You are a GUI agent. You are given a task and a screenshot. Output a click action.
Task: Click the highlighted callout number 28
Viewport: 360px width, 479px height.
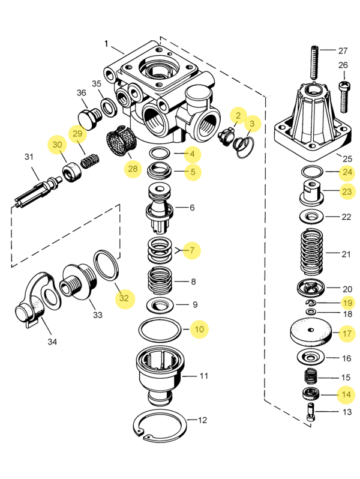click(133, 169)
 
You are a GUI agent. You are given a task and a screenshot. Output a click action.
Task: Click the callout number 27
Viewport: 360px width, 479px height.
click(343, 50)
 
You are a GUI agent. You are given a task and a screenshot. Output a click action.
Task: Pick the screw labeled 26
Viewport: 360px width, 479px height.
click(344, 97)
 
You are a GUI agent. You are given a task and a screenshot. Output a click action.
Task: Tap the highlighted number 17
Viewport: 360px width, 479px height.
click(347, 333)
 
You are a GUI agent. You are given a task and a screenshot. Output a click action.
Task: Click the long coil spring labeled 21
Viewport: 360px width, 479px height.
click(312, 252)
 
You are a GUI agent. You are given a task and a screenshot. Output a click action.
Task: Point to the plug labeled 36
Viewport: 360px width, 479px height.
click(89, 118)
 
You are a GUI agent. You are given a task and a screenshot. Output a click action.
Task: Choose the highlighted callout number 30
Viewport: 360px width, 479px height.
click(57, 145)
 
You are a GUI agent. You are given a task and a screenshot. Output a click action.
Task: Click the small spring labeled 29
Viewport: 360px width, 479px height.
click(90, 161)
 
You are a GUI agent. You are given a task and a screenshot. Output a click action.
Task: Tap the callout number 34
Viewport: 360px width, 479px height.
click(52, 342)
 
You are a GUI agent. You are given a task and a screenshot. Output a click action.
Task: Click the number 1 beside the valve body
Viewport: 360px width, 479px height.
click(106, 44)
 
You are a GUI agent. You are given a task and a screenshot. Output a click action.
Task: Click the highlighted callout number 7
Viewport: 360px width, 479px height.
click(192, 250)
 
